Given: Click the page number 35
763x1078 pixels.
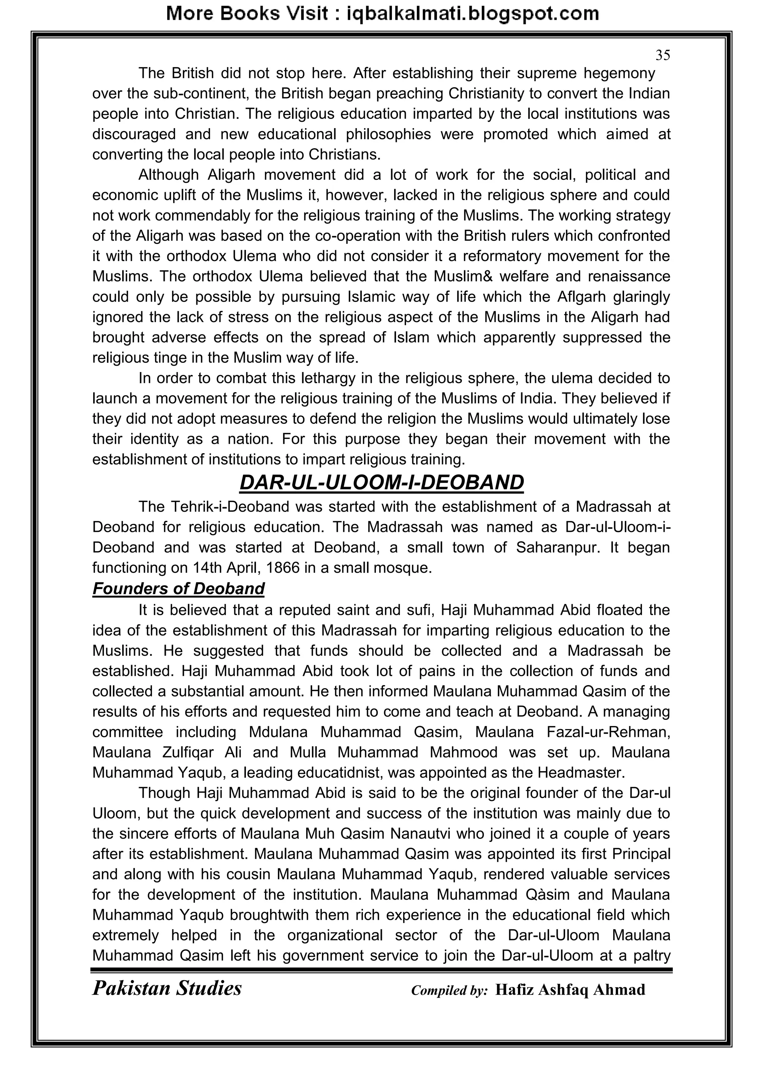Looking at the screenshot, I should pos(662,55).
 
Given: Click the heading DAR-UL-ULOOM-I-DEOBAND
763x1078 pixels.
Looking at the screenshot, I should pos(381,483).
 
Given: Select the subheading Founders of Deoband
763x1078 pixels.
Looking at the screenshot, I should pos(178,588).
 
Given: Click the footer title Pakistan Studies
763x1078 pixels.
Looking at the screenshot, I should pos(167,988).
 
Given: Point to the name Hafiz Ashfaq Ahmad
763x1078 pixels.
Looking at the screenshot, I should pos(570,989).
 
